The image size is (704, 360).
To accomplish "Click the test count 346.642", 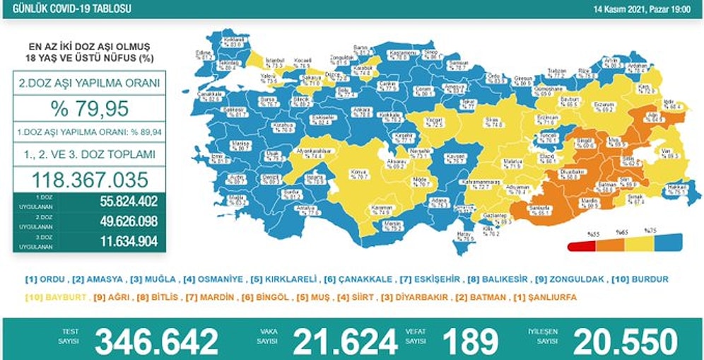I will click(156, 342).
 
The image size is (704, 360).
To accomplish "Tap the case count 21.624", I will click(346, 342).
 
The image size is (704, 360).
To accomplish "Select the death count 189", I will click(470, 342).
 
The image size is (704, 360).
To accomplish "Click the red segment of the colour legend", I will click(580, 246).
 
